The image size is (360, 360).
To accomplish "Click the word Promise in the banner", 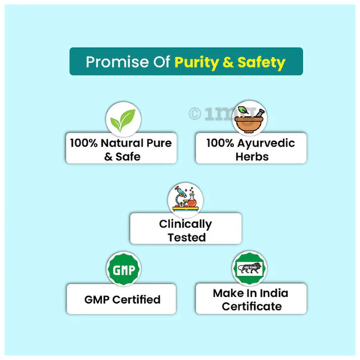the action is (117, 62).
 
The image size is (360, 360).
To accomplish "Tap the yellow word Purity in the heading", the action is (196, 63).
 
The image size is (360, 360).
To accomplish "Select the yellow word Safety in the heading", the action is (261, 63).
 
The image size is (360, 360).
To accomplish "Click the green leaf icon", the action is (123, 120).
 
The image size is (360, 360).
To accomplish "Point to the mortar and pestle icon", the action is (249, 119).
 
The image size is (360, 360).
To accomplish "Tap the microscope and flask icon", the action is (185, 199).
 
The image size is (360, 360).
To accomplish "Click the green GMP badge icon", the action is (124, 269).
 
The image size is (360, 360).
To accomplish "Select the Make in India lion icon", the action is (250, 268).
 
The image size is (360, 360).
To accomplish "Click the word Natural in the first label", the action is (122, 143).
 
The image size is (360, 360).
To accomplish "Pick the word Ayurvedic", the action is (266, 144).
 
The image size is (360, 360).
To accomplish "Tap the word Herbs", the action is (252, 157).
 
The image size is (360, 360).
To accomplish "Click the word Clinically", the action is (185, 224).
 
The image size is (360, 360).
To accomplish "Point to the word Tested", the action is (187, 238).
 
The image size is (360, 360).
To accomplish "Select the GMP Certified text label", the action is (122, 299).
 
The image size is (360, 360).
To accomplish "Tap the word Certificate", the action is (252, 306).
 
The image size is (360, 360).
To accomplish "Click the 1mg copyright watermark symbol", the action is (195, 114).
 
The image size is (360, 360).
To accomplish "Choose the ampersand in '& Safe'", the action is (109, 157).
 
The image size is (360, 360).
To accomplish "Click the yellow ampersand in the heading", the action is (228, 62).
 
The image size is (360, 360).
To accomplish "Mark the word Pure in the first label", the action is (159, 143).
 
